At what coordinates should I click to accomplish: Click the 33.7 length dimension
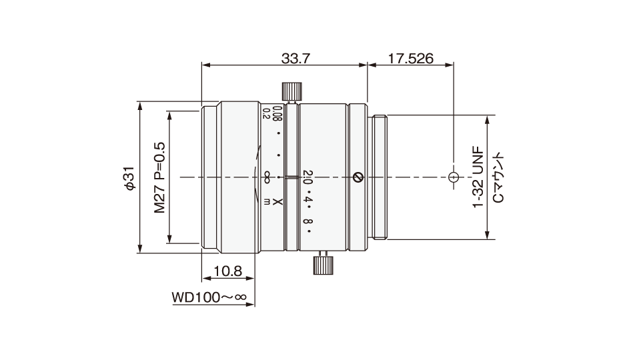coord(295,59)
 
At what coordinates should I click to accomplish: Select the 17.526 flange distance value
coord(411,59)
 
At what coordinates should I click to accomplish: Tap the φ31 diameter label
coord(130,178)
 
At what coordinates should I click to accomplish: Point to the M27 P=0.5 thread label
coord(159,177)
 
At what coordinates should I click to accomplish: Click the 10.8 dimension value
coord(228,271)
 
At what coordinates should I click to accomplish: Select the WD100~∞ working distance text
coord(209,297)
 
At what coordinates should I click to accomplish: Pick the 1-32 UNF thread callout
coord(478,179)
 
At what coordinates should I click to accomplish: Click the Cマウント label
coord(498,177)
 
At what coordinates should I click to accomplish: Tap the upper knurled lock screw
coord(292,91)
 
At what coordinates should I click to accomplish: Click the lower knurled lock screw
coord(323,264)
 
